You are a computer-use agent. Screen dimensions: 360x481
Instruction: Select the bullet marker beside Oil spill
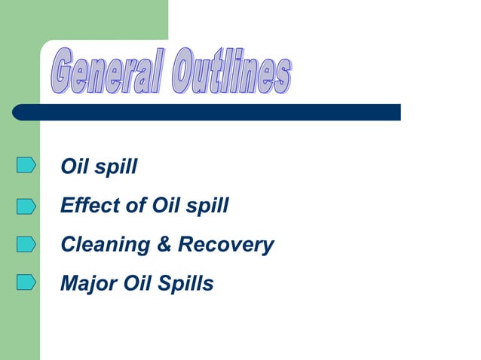click(x=26, y=165)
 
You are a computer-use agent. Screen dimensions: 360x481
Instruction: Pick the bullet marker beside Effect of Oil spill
click(x=26, y=205)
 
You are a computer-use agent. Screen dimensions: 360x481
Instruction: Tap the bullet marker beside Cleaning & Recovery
click(x=26, y=244)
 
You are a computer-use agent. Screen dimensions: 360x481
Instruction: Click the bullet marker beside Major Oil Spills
click(x=26, y=283)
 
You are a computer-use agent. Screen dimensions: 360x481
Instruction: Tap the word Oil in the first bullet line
click(x=75, y=166)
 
